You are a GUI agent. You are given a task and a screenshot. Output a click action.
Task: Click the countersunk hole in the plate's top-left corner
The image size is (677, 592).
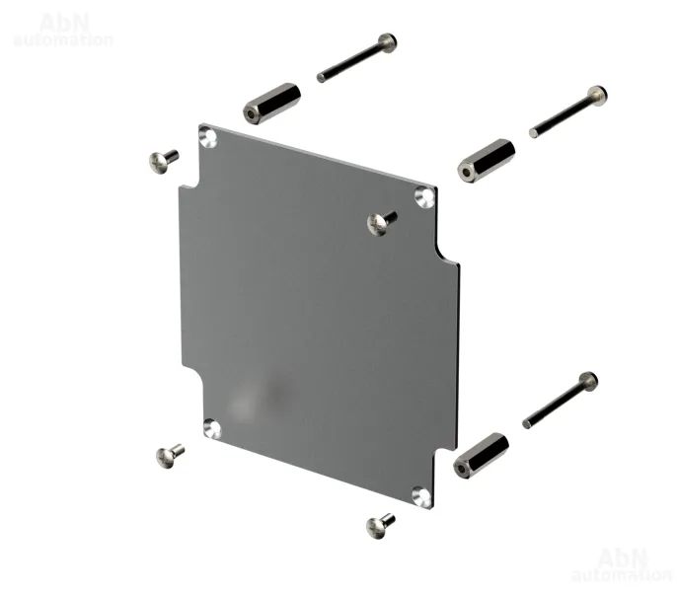208,137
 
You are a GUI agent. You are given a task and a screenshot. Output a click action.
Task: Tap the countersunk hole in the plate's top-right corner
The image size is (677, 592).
424,197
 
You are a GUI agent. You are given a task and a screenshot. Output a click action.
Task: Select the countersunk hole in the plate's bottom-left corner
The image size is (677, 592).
212,429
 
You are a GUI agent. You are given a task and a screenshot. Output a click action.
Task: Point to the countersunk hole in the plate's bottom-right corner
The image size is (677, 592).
421,496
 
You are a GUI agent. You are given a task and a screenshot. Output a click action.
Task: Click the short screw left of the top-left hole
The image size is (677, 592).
164,161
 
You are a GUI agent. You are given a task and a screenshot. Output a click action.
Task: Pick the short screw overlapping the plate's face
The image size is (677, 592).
382,223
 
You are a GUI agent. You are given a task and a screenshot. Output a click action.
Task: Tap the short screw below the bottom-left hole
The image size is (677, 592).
170,456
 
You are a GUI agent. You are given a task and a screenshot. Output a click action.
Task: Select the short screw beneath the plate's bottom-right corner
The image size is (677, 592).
380,526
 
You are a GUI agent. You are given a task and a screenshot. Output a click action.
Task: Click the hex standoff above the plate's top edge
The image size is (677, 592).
272,104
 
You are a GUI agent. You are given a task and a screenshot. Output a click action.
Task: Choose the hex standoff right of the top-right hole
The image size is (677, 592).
487,161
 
